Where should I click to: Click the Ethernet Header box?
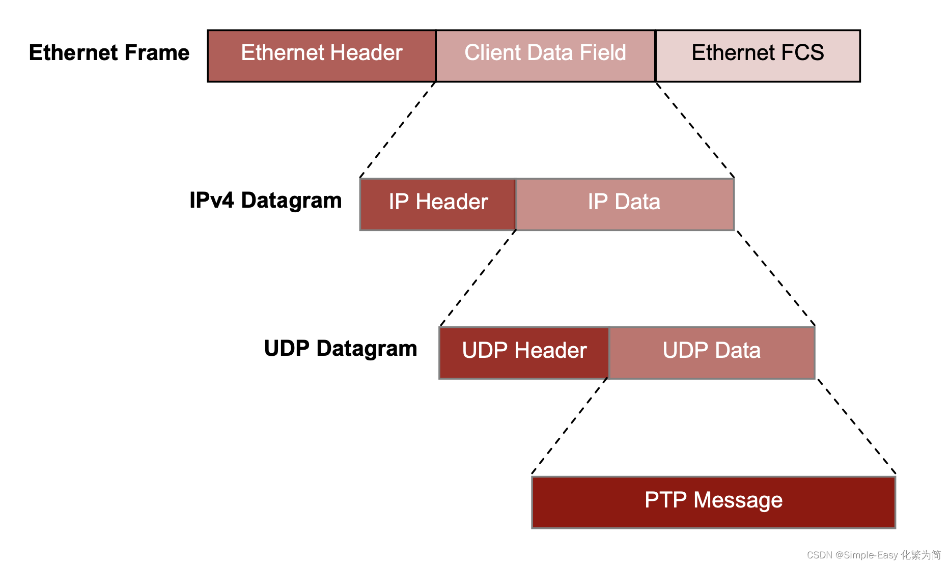coord(322,55)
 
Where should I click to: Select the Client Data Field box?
coord(545,55)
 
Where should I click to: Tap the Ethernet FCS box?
coord(758,55)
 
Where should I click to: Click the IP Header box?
coord(438,204)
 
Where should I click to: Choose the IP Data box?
coord(625,204)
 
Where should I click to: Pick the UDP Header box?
coord(524,353)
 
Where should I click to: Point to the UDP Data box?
coord(712,353)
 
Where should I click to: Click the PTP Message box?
coord(713,502)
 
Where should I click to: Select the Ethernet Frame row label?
coord(109,53)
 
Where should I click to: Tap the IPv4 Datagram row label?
coord(265,201)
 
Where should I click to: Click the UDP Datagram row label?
coord(340,349)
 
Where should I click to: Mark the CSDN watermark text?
coord(874,555)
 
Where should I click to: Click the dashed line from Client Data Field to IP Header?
coord(398,129)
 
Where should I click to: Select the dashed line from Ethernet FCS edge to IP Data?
coord(694,129)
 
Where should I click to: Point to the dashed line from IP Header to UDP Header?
coord(479,278)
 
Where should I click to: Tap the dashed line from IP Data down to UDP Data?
coord(775,278)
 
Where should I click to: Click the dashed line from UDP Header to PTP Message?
coord(570,427)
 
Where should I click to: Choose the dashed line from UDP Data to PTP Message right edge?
coord(856,427)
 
